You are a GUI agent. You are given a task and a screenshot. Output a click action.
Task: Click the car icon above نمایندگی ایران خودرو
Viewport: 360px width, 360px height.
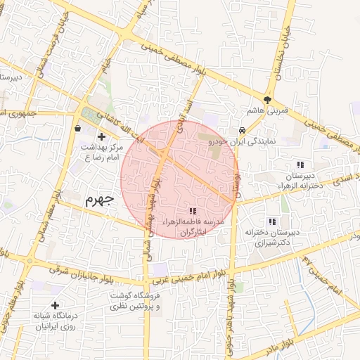coord(242,130)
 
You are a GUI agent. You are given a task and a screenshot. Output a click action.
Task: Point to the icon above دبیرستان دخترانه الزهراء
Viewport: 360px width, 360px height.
coord(300,164)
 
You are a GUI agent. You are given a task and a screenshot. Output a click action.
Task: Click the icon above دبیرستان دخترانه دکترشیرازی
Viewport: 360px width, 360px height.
coord(272,221)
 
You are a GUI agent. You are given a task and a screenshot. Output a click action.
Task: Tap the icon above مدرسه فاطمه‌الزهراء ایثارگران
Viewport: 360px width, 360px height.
coord(193,211)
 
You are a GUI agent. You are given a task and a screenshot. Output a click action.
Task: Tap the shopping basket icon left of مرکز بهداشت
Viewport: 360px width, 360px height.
coord(77,127)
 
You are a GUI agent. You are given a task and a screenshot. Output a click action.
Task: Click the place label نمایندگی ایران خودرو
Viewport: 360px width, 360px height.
coord(243,141)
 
